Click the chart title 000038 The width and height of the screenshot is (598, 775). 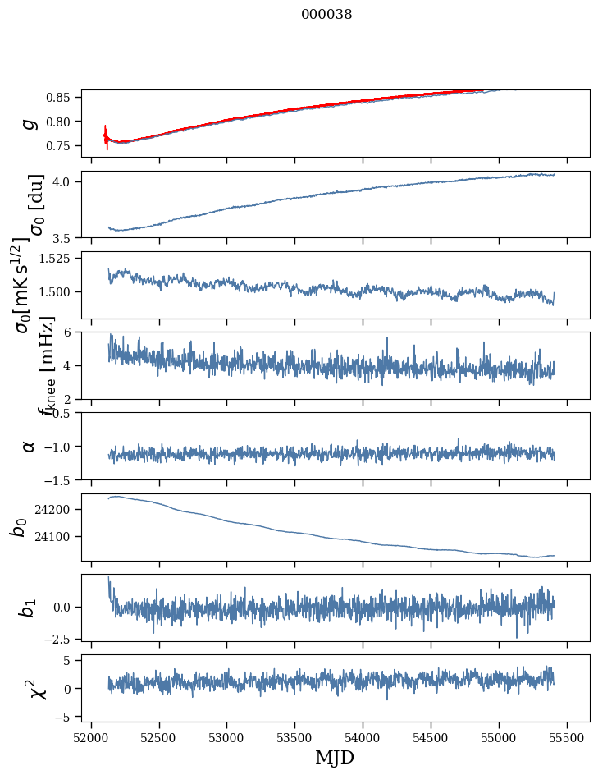pyautogui.click(x=326, y=15)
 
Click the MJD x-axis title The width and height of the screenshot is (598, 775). pyautogui.click(x=335, y=758)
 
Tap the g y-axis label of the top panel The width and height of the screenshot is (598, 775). pyautogui.click(x=30, y=123)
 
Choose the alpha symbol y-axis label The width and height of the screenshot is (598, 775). pyautogui.click(x=30, y=446)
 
